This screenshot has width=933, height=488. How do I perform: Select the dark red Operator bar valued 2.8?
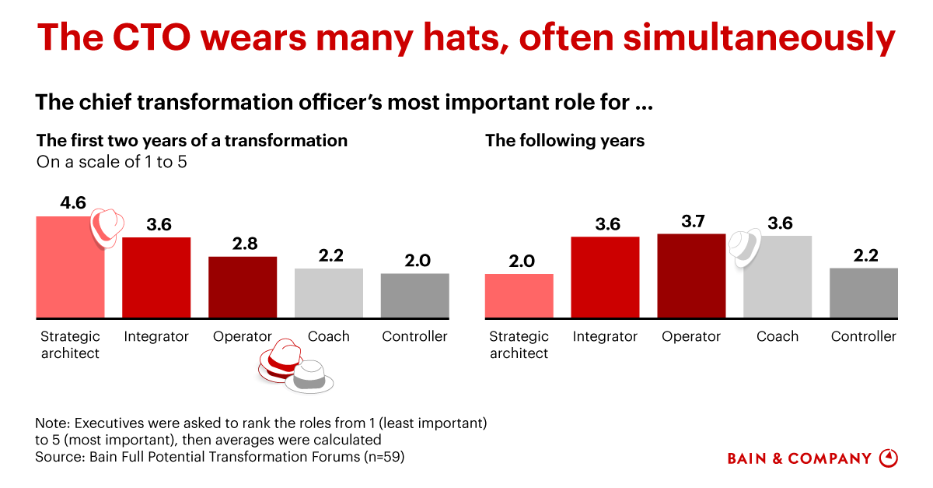(243, 287)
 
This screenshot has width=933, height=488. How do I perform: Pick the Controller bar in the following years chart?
(864, 293)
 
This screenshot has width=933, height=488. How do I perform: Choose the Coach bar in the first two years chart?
(329, 293)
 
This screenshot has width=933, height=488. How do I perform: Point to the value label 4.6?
(74, 204)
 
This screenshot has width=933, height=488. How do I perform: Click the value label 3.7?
(691, 221)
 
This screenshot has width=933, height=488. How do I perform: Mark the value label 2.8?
(243, 244)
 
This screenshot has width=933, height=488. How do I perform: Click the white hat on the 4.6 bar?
(104, 226)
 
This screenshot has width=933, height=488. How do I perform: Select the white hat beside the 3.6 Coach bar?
(744, 246)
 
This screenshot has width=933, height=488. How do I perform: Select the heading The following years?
(564, 141)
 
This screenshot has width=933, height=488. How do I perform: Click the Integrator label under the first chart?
(156, 336)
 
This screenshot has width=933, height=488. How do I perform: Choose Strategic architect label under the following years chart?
(519, 345)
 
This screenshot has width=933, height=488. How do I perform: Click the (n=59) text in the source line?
(384, 457)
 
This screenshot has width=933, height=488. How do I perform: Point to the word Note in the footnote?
(51, 423)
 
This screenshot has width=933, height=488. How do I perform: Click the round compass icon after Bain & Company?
(888, 458)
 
